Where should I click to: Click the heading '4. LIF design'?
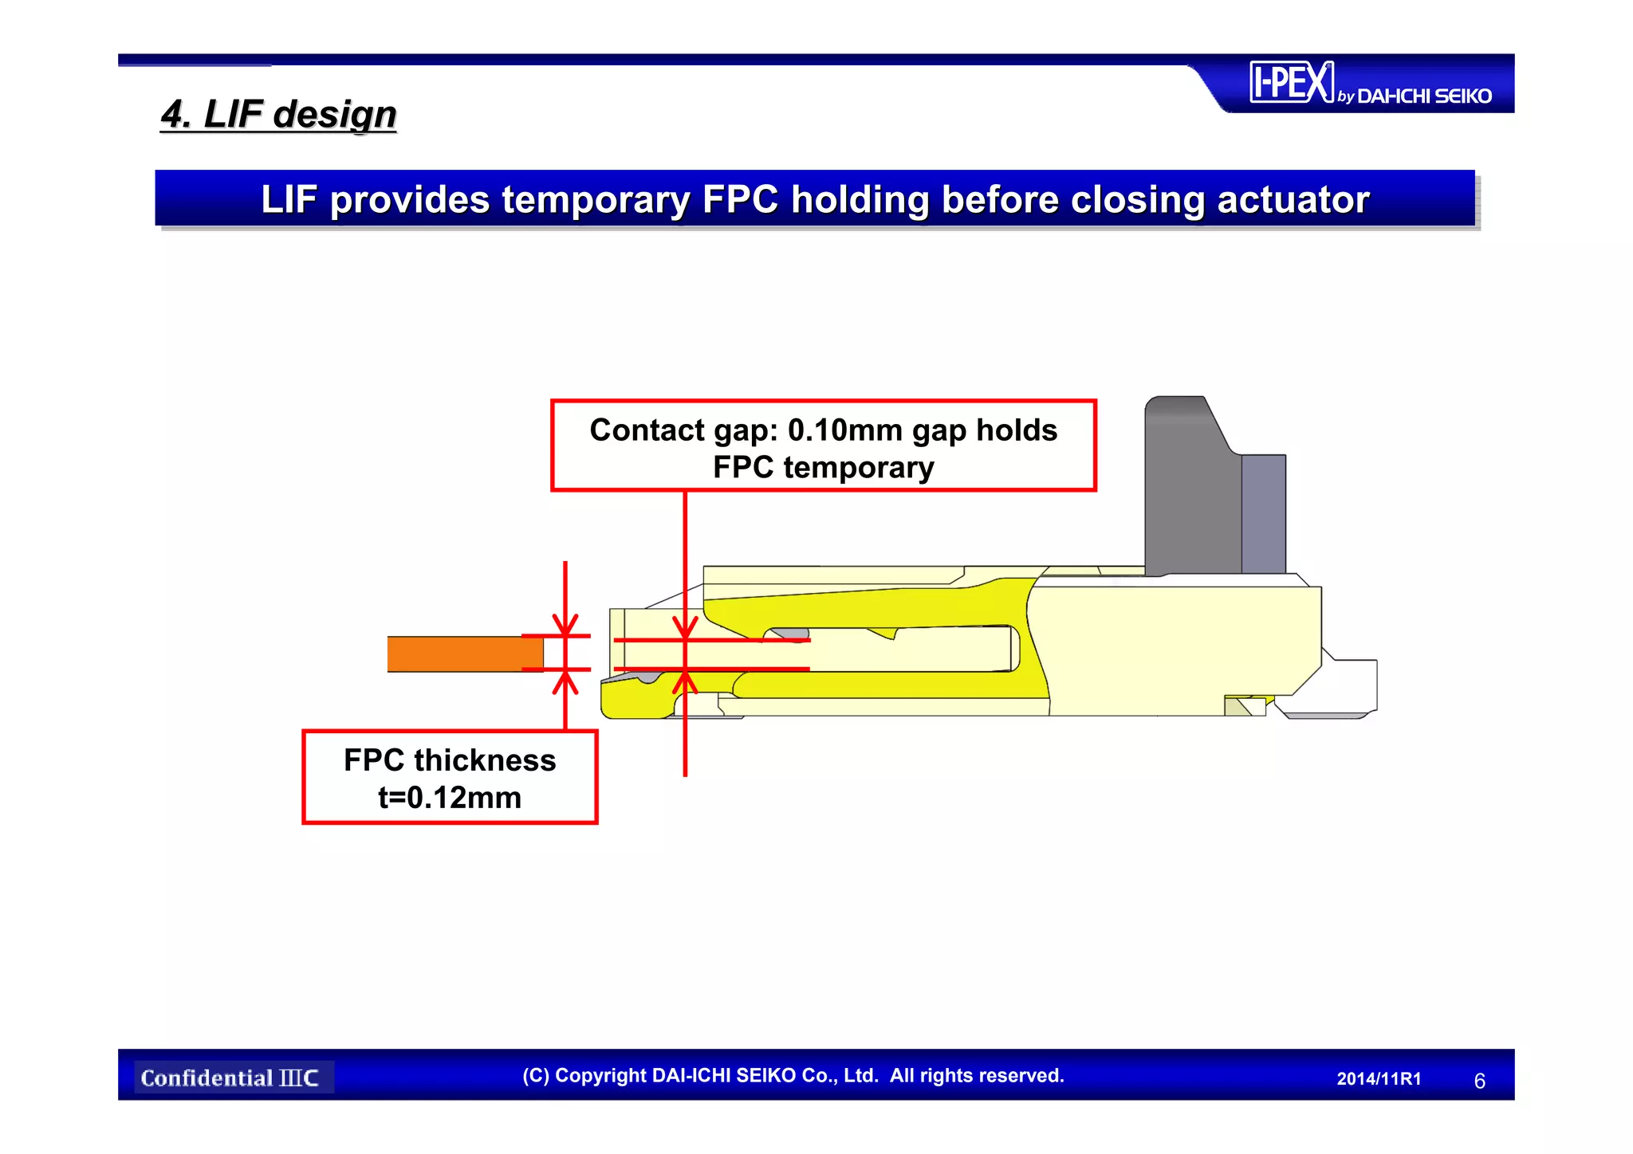(x=278, y=114)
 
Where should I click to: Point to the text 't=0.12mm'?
(x=450, y=797)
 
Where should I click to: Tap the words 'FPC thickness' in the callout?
(x=450, y=760)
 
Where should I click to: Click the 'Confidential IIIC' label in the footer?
(x=230, y=1078)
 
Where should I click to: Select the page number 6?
(x=1479, y=1081)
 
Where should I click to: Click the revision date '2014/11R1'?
(x=1379, y=1079)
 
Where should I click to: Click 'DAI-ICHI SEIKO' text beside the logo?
(x=1423, y=96)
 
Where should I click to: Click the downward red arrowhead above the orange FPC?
(x=565, y=625)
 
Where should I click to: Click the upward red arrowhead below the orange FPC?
(x=565, y=681)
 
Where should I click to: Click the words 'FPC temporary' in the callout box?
(x=823, y=468)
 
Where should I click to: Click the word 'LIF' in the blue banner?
(x=289, y=199)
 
